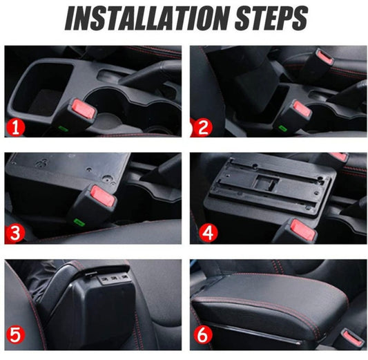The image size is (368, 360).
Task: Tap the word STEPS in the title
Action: pyautogui.click(x=271, y=19)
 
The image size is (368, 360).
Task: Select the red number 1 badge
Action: pyautogui.click(x=15, y=128)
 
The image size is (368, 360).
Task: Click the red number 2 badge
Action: pyautogui.click(x=203, y=127)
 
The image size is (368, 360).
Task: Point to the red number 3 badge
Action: pyautogui.click(x=14, y=234)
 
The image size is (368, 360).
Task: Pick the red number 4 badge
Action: pyautogui.click(x=209, y=233)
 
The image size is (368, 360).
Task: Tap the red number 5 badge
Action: pyautogui.click(x=15, y=335)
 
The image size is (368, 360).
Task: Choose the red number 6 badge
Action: pyautogui.click(x=203, y=335)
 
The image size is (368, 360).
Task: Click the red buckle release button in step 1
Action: pyautogui.click(x=84, y=109)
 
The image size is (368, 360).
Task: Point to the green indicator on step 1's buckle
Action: pyautogui.click(x=63, y=129)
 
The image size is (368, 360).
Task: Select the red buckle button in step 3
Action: pyautogui.click(x=103, y=195)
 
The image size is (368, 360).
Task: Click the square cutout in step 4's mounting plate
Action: pyautogui.click(x=267, y=182)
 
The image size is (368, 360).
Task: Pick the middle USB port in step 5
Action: pyautogui.click(x=114, y=278)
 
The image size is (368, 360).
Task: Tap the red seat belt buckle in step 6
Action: pyautogui.click(x=353, y=337)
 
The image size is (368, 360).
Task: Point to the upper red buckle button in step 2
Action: pyautogui.click(x=325, y=58)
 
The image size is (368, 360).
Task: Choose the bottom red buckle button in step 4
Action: pyautogui.click(x=304, y=229)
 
